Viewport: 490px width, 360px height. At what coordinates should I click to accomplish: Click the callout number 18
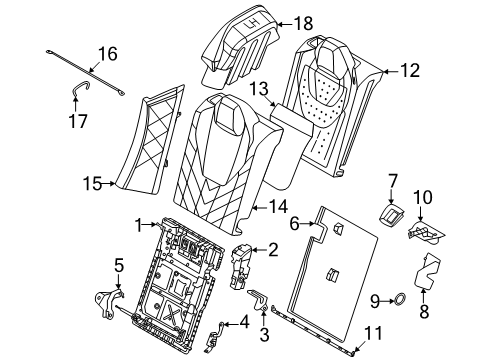pyautogui.click(x=302, y=22)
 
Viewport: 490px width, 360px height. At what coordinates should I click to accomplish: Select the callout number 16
pyautogui.click(x=106, y=54)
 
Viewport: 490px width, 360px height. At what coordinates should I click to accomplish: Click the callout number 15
pyautogui.click(x=92, y=183)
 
